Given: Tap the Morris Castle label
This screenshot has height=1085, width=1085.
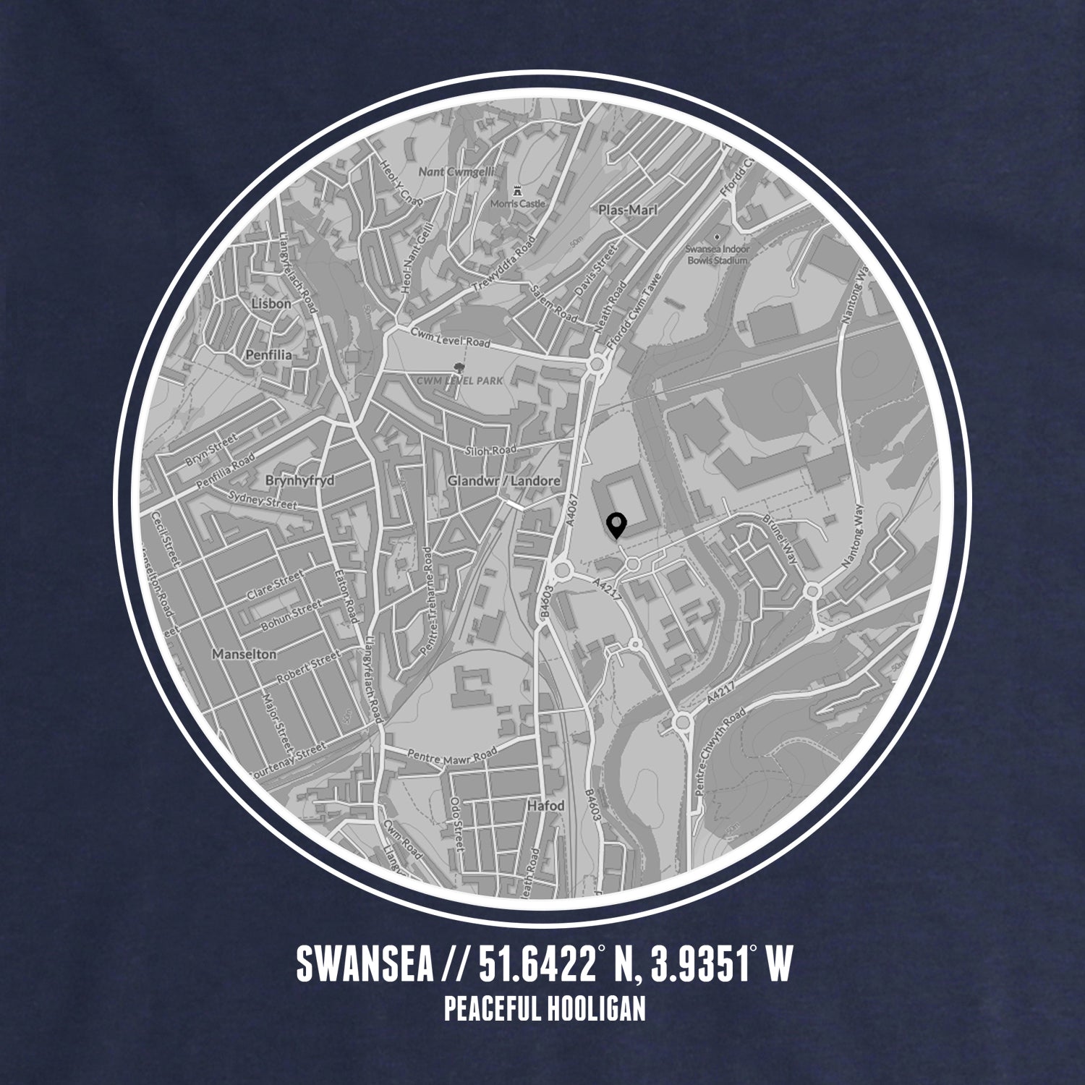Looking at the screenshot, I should point(518,204).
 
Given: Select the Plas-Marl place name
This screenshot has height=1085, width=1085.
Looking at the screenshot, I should point(628,210).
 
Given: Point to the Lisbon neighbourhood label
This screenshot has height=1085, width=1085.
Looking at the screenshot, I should point(271,304).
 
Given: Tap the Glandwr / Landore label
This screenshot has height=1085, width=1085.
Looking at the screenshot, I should point(504,481).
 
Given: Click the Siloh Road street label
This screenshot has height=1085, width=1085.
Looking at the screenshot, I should point(493,450).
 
